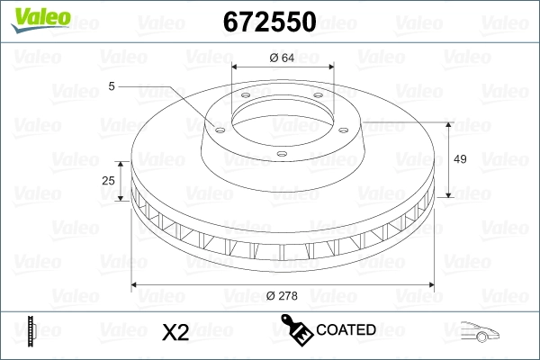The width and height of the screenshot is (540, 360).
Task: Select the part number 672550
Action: pos(268,21)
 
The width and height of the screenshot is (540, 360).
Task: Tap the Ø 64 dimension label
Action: pos(283,58)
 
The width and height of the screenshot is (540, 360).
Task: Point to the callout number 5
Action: pos(112,85)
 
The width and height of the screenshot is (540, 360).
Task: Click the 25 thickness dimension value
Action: pos(109,181)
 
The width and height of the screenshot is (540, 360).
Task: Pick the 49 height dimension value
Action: pos(460,159)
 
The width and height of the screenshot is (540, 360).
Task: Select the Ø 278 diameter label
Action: pos(283,295)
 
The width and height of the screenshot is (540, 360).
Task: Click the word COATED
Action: pos(346,330)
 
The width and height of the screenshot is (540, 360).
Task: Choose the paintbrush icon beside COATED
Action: pos(297,329)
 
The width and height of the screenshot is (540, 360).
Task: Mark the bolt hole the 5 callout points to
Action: pos(216,126)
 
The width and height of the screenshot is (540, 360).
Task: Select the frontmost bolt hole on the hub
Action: pos(281,154)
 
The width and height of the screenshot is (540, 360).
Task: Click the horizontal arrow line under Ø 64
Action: pos(283,68)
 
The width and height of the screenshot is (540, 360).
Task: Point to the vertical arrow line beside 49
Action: pos(447,159)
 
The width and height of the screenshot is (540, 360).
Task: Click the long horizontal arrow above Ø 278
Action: pos(283,284)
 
